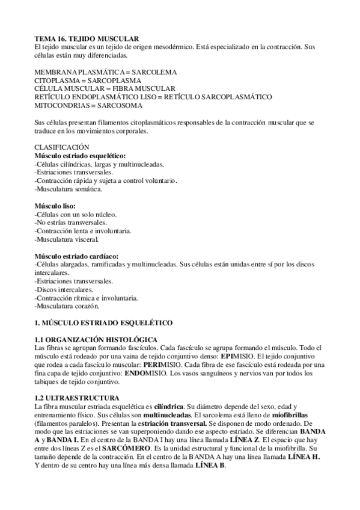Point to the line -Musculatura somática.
coord(69,189)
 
